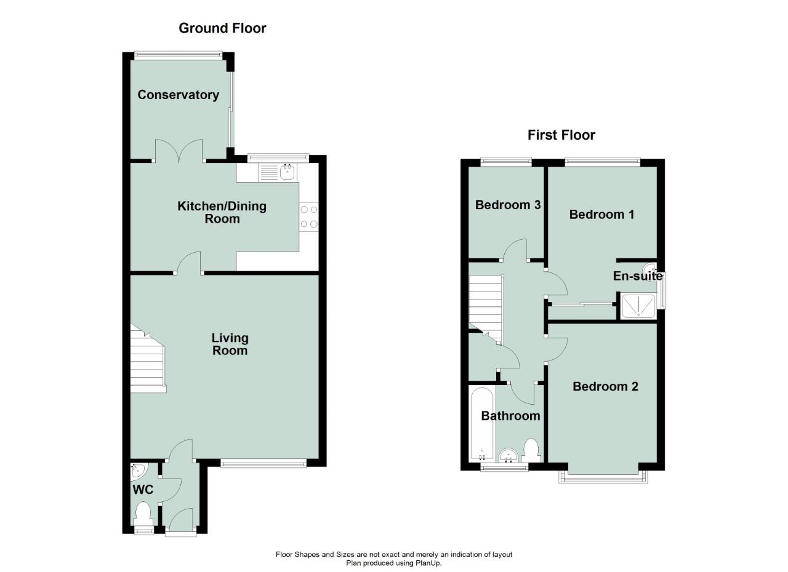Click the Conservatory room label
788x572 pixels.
179,95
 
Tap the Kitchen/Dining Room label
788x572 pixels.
222,212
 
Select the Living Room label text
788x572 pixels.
230,344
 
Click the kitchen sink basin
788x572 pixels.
287,172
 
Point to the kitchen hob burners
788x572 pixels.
309,216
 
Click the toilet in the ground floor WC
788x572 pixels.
144,515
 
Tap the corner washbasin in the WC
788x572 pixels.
139,471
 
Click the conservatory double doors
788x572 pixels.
179,151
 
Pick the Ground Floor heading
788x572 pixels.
222,28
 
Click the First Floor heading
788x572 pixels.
561,135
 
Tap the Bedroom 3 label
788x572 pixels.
508,205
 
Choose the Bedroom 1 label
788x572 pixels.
601,214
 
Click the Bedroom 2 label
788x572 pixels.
605,386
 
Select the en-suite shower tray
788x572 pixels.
638,306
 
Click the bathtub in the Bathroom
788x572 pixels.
482,424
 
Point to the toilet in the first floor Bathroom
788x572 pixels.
531,451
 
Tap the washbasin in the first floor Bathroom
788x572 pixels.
508,456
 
